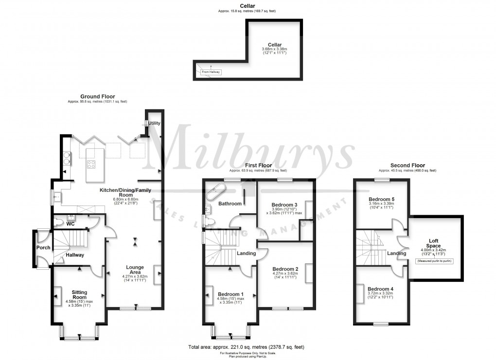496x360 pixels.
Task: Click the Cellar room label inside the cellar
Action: pos(274,44)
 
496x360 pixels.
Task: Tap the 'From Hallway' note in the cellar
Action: pos(211,72)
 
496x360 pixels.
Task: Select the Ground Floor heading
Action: pos(97,96)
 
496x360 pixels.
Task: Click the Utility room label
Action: pos(155,123)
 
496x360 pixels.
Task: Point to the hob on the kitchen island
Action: pos(90,164)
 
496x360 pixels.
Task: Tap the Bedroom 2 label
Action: pos(285,269)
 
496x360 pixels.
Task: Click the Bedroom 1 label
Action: pos(230,294)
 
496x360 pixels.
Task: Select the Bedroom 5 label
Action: pos(382,200)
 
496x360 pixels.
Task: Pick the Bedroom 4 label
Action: pos(381,289)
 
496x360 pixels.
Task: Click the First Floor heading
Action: pos(258,165)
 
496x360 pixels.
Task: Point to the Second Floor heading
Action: pos(407,165)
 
